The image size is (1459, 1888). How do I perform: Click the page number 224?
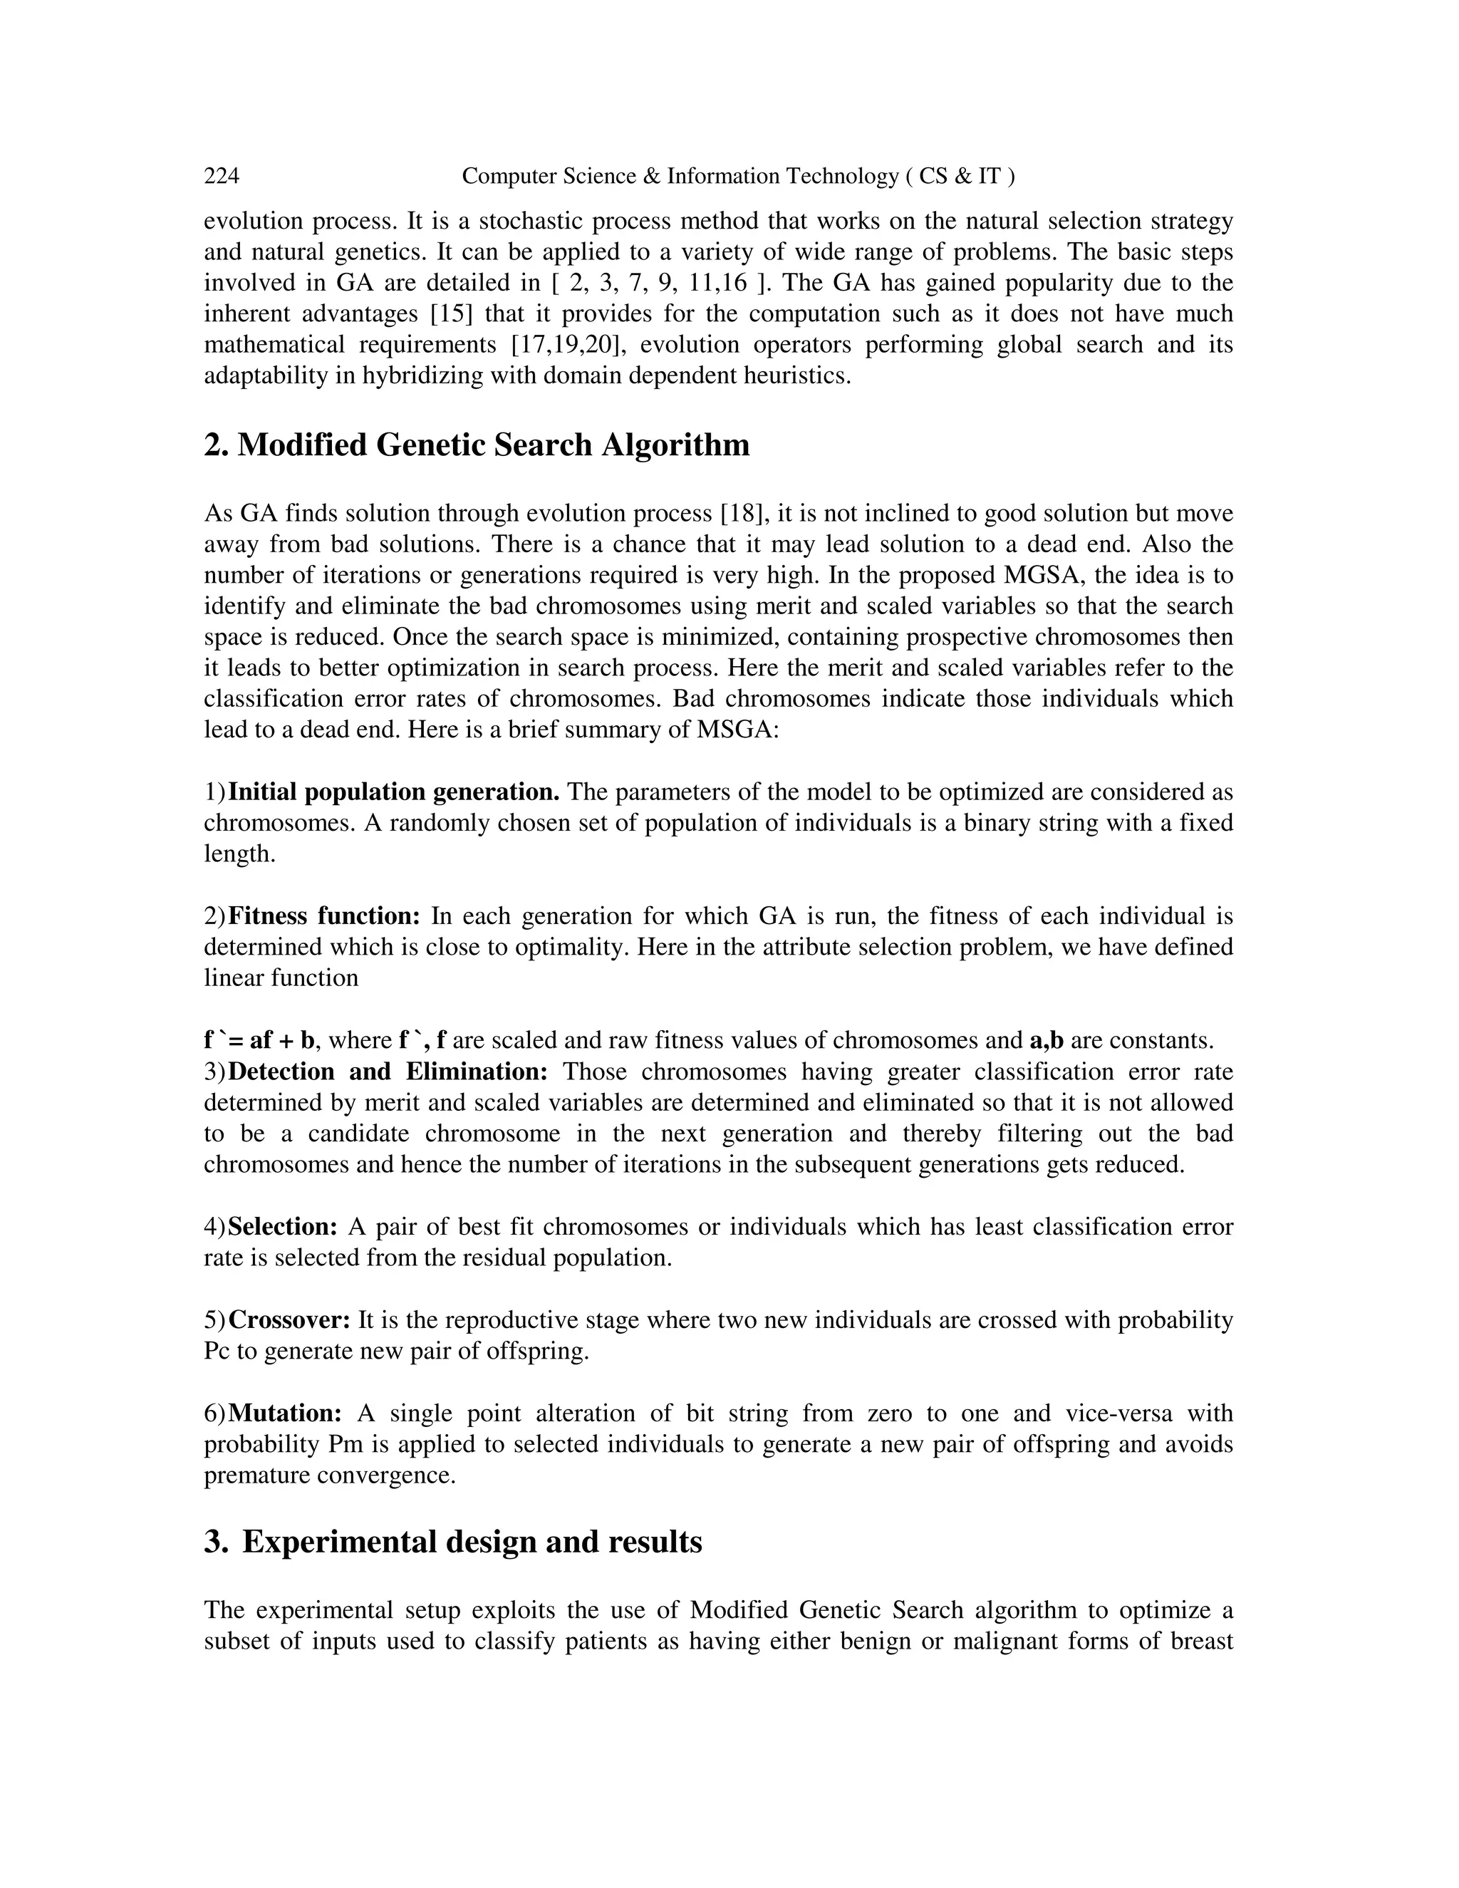pos(222,177)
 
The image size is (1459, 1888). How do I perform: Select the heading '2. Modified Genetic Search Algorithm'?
pos(477,445)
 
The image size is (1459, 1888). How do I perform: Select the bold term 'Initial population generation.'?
pos(393,792)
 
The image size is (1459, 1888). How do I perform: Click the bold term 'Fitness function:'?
pos(324,916)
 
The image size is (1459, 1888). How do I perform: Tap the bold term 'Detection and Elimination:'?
pos(388,1072)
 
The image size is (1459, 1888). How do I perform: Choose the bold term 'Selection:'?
pos(283,1227)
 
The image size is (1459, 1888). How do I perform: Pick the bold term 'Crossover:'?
pos(289,1320)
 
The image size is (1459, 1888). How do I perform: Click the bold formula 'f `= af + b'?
pos(259,1040)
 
